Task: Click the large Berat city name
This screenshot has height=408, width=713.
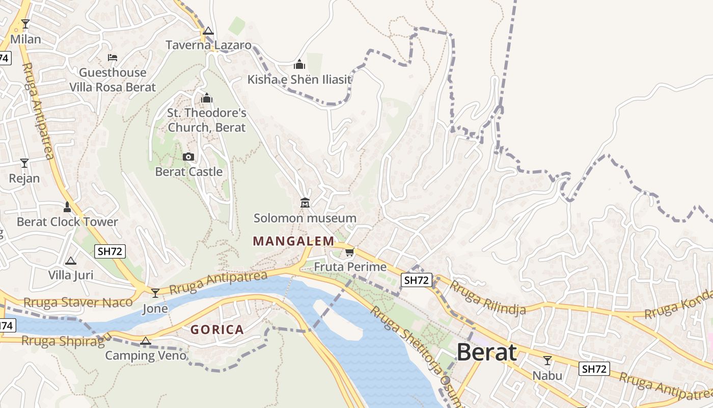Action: click(486, 352)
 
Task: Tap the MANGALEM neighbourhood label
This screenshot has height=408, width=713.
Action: click(293, 241)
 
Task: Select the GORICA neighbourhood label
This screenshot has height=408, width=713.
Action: click(217, 330)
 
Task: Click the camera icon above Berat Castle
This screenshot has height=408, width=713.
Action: click(188, 157)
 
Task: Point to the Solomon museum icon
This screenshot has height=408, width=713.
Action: click(305, 203)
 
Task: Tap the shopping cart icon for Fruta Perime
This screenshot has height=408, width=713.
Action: click(349, 252)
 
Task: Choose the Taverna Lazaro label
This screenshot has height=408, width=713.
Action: click(208, 45)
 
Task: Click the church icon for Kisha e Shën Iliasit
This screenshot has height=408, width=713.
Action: click(299, 64)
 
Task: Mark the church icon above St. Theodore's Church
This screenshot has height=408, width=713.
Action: click(207, 97)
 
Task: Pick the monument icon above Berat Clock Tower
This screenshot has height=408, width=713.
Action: click(67, 207)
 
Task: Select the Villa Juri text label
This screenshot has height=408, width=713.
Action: click(71, 275)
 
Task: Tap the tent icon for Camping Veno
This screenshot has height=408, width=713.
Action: click(146, 341)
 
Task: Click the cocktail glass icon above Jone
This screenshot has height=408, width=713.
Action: click(155, 293)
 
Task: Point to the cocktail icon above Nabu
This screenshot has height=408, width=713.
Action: click(547, 361)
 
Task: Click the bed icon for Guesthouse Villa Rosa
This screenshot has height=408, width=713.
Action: click(113, 58)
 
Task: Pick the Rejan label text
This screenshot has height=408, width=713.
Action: click(24, 178)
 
